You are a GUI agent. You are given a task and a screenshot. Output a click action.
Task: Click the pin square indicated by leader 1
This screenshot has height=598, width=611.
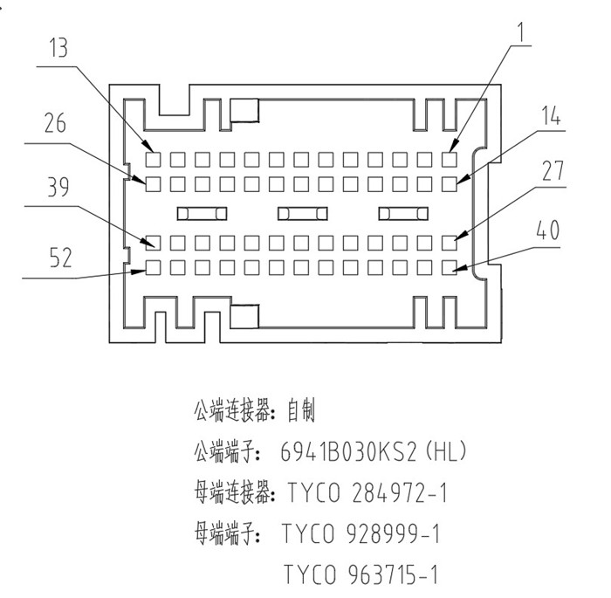coord(450,159)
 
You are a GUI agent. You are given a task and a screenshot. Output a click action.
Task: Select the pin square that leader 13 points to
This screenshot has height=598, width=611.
coord(153,159)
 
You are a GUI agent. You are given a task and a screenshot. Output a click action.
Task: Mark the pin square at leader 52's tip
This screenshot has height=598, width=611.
coord(153,266)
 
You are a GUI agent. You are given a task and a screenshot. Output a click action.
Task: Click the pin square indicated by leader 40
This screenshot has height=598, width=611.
coord(450,266)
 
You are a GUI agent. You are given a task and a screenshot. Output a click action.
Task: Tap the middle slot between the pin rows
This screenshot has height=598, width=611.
coord(302,213)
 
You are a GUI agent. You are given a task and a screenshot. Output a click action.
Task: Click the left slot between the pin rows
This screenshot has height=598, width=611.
coord(202,213)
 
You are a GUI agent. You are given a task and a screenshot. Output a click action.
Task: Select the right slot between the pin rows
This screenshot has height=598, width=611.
coord(402,213)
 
